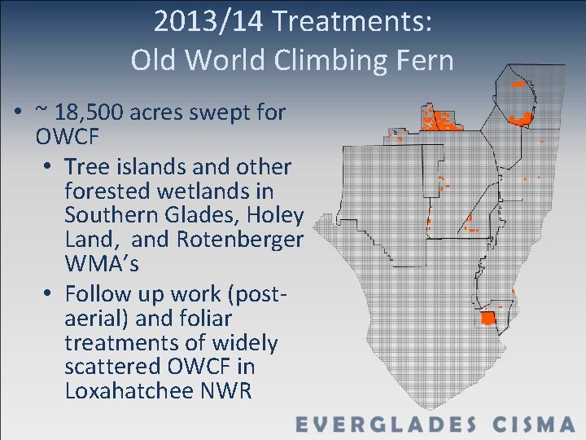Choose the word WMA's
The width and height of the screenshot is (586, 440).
pos(103,266)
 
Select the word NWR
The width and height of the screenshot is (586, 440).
pos(225,391)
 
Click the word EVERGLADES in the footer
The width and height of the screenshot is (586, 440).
pos(385,425)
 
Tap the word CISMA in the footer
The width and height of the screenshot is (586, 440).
pos(534,425)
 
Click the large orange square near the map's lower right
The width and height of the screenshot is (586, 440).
pos(488,318)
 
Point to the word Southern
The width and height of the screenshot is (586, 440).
pos(110,216)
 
